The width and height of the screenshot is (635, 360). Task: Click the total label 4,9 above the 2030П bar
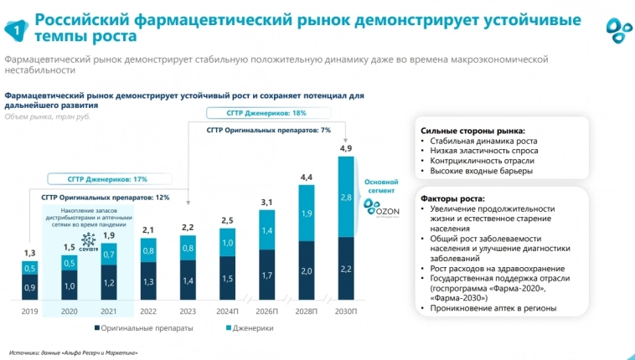345,148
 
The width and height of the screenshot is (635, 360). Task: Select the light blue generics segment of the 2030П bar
345,197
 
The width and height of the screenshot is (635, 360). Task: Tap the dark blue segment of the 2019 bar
29,287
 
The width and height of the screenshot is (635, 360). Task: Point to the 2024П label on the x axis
227,310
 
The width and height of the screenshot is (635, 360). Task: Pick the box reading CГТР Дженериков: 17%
107,179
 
